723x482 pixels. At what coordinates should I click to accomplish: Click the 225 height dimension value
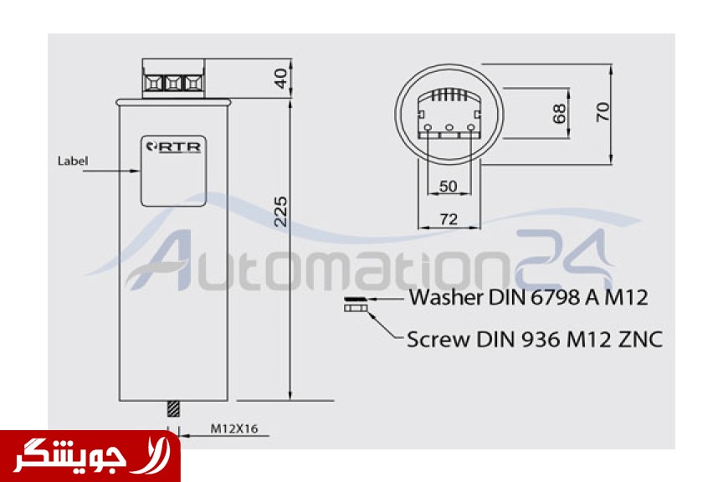(x=280, y=212)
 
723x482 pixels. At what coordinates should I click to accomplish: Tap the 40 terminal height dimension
(x=281, y=78)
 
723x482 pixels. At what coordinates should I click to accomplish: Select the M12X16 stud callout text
(x=234, y=428)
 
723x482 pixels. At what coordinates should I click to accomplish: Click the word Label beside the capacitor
(x=73, y=161)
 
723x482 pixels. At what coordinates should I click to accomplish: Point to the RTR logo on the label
(x=173, y=147)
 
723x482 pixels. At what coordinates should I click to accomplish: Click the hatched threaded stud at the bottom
(x=173, y=408)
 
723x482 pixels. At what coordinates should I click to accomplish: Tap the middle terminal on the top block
(x=173, y=84)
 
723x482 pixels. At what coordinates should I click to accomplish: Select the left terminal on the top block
(x=153, y=84)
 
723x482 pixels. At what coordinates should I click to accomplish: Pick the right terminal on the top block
(x=193, y=84)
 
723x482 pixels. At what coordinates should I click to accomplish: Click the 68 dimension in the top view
(x=559, y=114)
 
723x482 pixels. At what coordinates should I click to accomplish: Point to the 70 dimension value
(x=602, y=112)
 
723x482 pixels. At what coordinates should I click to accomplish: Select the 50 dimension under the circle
(x=449, y=187)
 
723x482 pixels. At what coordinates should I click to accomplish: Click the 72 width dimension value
(x=449, y=219)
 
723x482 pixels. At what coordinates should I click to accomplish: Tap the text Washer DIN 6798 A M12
(x=529, y=298)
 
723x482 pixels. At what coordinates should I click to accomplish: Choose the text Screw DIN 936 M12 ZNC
(x=535, y=340)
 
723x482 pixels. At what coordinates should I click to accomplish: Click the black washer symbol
(x=356, y=299)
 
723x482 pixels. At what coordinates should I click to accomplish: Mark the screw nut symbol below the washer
(x=356, y=307)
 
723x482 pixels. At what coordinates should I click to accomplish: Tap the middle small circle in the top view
(x=449, y=127)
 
